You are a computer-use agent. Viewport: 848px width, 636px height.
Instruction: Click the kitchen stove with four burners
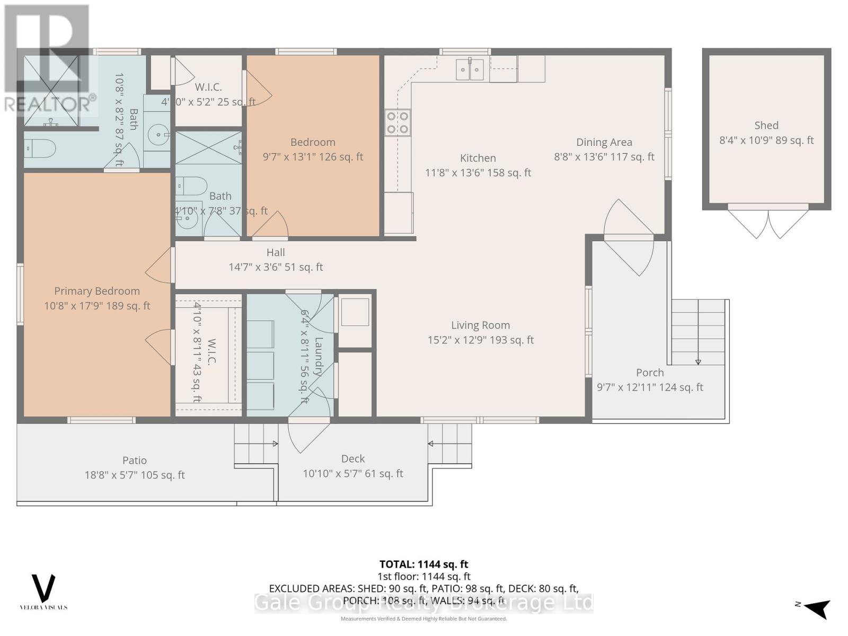tap(397, 122)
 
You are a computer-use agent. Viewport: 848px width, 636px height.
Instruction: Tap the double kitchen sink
tap(470, 69)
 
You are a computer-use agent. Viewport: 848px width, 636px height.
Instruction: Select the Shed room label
tap(766, 126)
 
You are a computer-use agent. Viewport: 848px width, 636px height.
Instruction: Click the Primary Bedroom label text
tap(97, 291)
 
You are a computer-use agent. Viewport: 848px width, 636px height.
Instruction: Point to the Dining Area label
tap(604, 142)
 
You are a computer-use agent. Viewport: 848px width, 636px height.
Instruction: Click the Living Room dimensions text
tap(481, 340)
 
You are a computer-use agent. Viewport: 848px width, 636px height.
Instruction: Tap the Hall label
tap(276, 253)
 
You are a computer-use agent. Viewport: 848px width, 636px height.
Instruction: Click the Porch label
tap(650, 373)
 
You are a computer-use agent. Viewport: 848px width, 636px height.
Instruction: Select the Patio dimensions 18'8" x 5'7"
tap(135, 475)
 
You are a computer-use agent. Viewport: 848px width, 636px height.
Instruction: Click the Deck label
tap(353, 459)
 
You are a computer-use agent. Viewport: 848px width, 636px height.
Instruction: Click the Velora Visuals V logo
tap(43, 588)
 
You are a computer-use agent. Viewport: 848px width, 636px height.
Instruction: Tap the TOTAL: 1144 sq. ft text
tap(423, 564)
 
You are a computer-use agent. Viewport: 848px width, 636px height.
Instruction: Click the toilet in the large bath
tap(40, 149)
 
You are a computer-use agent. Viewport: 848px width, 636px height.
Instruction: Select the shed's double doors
tap(767, 223)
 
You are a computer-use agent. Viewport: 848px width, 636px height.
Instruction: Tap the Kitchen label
tap(478, 158)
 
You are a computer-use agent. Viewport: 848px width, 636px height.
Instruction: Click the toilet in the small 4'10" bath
tap(192, 185)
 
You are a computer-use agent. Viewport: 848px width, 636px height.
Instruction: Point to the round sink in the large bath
tap(157, 135)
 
